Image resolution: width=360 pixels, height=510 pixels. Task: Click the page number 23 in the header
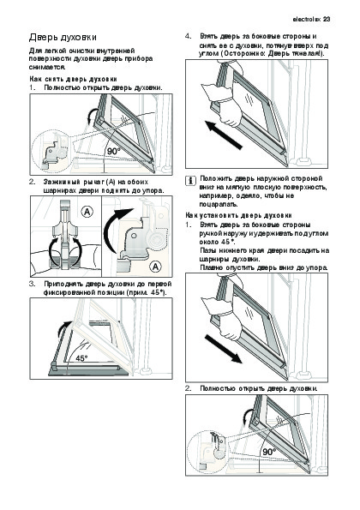[327, 19]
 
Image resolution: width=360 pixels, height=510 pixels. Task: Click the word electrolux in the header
[307, 19]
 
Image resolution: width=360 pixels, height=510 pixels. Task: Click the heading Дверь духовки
[63, 38]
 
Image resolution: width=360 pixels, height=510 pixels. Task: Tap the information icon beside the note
[191, 181]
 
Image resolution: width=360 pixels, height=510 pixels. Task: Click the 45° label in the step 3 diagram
[82, 358]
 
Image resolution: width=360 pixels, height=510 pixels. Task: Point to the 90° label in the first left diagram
[114, 151]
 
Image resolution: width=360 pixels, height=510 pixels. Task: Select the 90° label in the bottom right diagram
[269, 452]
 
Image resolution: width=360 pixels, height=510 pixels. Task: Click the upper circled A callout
[87, 212]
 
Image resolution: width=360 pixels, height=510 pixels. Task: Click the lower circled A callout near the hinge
[156, 267]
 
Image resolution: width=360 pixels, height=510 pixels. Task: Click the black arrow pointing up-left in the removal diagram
[224, 135]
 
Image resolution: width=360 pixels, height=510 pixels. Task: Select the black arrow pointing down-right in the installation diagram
[224, 349]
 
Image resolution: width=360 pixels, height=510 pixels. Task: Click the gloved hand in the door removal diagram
[225, 105]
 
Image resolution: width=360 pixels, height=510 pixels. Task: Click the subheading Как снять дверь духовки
[73, 79]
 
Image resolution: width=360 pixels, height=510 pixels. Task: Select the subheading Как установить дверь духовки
[238, 215]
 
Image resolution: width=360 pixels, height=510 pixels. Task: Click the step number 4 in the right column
[188, 36]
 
